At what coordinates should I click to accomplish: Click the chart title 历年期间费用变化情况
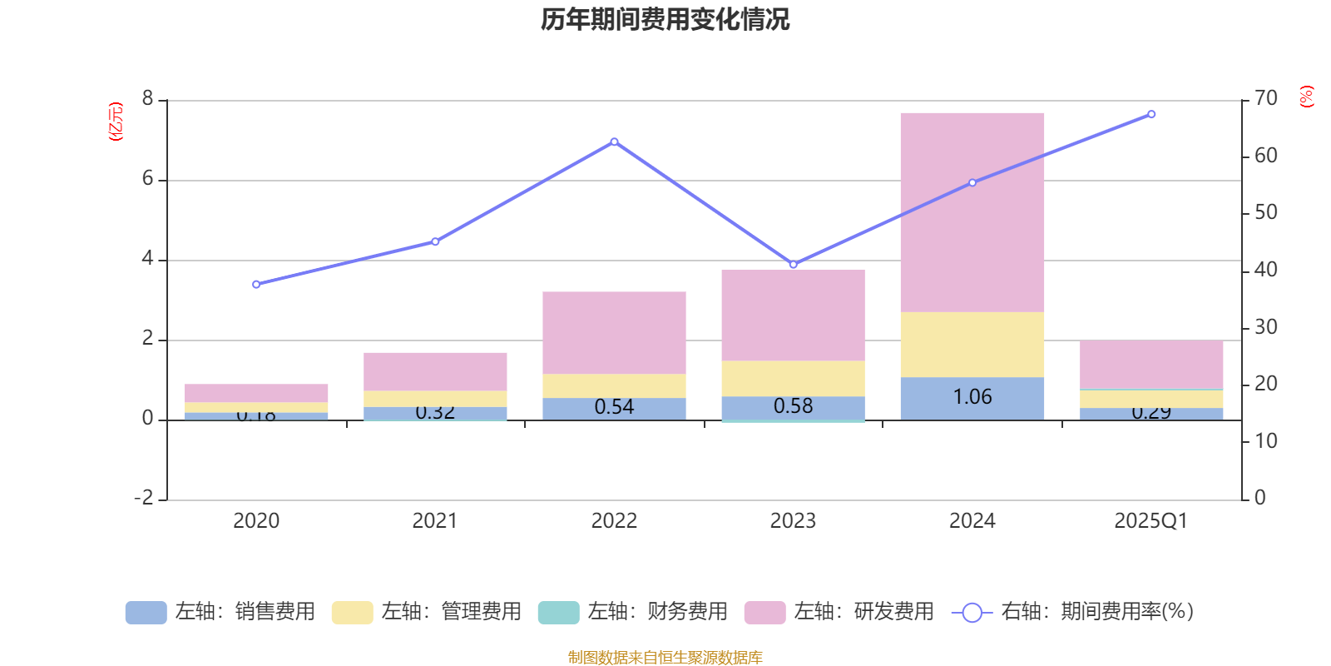pos(665,19)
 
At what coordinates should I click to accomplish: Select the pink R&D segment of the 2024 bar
pos(972,212)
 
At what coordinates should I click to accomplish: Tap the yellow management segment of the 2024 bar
pos(972,345)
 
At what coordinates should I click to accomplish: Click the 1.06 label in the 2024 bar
pos(972,397)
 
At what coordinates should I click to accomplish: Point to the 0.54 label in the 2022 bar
pos(614,407)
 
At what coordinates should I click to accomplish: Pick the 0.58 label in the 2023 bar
pos(793,406)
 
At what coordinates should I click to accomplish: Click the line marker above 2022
pos(614,142)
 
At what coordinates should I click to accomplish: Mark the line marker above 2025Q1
pos(1151,114)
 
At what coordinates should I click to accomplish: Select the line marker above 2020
pos(256,285)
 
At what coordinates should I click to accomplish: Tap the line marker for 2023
pos(793,265)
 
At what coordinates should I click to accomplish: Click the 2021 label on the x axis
pos(434,521)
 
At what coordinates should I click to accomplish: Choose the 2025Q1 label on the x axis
pos(1150,521)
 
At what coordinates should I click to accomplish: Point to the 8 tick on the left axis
pos(148,99)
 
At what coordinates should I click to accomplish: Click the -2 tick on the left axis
pos(144,498)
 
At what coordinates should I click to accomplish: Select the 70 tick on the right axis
pos(1265,99)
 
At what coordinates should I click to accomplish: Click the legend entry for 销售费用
pos(220,612)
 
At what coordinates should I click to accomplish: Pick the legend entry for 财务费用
pos(633,612)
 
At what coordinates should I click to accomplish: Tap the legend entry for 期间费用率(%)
pos(1073,612)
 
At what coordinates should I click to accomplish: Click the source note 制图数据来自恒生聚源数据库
pos(665,658)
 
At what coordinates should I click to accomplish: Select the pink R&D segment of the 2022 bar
pos(614,332)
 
